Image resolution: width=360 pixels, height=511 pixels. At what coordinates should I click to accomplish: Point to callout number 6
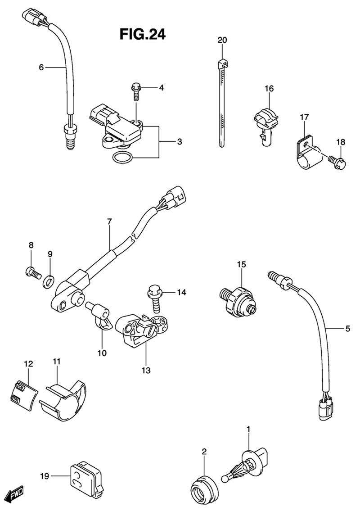click(x=41, y=68)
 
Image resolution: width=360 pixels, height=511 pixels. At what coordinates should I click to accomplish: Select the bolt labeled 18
click(x=337, y=161)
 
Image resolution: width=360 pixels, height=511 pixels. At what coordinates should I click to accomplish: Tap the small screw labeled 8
click(x=31, y=271)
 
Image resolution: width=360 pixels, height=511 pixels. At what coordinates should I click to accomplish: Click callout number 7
click(x=109, y=222)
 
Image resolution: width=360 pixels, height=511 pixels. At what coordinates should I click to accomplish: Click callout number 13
click(x=146, y=371)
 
